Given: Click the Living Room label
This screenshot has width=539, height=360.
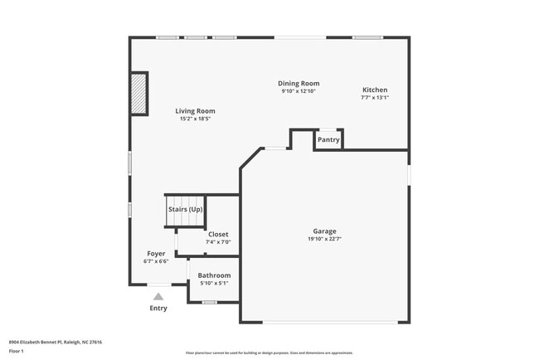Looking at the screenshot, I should (195, 111).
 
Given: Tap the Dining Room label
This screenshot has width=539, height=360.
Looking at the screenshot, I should (299, 84).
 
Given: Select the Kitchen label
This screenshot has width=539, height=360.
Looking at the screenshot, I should (374, 90).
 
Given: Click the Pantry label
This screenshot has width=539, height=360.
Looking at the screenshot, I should (329, 140).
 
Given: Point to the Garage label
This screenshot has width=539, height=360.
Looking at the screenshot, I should (324, 231).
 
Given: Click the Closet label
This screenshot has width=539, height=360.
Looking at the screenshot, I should (218, 235).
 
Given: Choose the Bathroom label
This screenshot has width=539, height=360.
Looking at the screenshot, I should (214, 275).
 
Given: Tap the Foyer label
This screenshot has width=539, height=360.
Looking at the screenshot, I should (156, 254).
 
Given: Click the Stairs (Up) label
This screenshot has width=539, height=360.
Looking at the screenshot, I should (185, 210).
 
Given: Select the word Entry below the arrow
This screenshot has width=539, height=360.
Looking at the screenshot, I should (158, 309).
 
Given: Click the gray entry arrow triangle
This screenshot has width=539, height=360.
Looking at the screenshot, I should (158, 295).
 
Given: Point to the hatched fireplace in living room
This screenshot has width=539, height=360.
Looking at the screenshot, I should (138, 92).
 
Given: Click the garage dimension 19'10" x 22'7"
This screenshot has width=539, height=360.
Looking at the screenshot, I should (324, 240).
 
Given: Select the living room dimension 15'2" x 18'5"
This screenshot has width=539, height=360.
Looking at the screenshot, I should (195, 119).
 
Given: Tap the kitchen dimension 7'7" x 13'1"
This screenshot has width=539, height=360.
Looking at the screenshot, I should (374, 98).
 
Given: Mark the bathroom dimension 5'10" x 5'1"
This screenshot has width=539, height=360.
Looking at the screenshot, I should (214, 284).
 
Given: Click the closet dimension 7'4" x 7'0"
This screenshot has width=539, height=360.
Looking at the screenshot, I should (218, 242).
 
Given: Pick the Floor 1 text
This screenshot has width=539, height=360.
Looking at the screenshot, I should (17, 351).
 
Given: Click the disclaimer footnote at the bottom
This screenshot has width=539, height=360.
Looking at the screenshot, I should (269, 353).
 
